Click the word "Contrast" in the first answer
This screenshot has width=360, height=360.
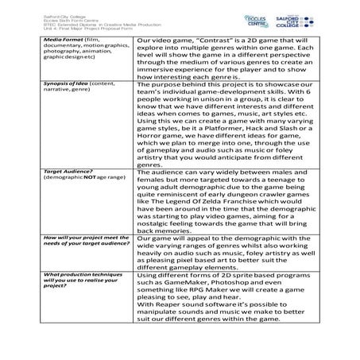[210, 39]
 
